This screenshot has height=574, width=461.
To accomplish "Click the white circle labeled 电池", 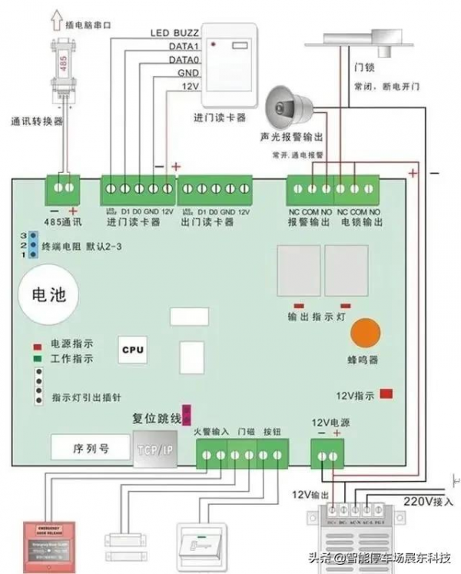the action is pos(48,296).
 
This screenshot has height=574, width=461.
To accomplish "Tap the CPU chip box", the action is pos(132,349).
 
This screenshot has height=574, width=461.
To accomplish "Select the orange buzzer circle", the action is pos(366,333).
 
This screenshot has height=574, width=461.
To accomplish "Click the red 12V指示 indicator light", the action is pos(386,393).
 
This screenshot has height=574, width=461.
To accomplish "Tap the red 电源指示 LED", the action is pos(36,345).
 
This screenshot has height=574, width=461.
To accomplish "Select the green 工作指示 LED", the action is pos(36,357).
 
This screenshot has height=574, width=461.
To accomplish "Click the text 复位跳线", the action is pos(156,418).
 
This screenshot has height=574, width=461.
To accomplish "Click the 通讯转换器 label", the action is pos(36,121).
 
